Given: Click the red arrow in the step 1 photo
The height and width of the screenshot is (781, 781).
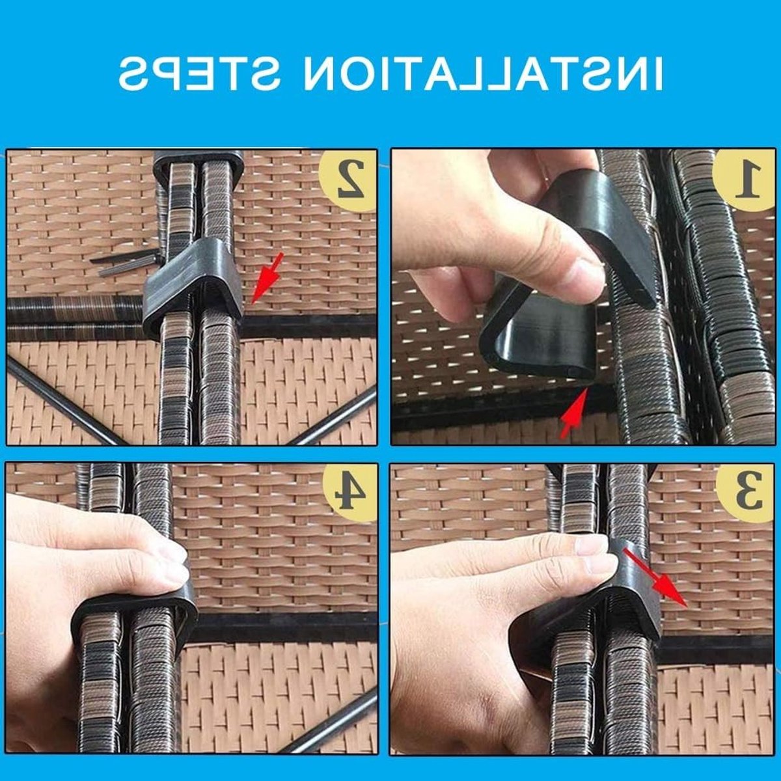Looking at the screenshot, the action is click(573, 412).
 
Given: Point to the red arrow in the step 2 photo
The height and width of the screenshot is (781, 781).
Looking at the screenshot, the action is click(266, 278).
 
